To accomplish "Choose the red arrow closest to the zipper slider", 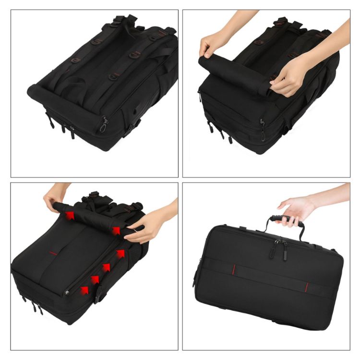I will tap(85, 290).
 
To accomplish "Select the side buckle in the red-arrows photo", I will tap(99, 294).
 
